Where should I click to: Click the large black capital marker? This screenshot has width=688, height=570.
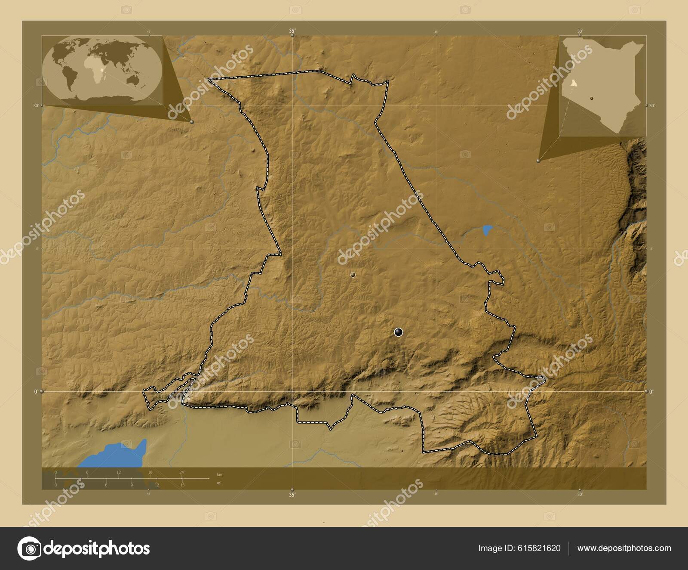click(x=398, y=331)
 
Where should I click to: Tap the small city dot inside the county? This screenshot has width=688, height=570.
click(x=353, y=275)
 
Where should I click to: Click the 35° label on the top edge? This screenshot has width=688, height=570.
click(x=292, y=31)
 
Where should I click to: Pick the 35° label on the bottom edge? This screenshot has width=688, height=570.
click(x=292, y=495)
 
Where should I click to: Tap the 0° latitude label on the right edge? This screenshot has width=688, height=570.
click(x=651, y=391)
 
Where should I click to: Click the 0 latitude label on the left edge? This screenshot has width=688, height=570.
click(x=36, y=391)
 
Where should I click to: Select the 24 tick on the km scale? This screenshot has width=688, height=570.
click(x=181, y=472)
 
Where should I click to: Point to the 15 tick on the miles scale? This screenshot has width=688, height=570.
click(x=182, y=485)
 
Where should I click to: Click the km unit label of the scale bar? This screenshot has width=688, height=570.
click(x=219, y=474)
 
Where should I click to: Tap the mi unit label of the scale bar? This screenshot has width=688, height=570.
click(x=219, y=483)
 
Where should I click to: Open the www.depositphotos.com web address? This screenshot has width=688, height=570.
click(x=624, y=548)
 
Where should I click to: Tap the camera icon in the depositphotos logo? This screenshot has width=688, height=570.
click(x=29, y=548)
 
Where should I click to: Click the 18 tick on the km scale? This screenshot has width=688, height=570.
click(x=150, y=472)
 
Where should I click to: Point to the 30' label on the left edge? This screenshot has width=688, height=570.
click(x=36, y=105)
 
